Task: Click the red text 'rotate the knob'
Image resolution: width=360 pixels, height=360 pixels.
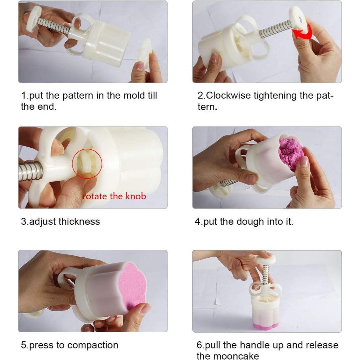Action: [x=114, y=196]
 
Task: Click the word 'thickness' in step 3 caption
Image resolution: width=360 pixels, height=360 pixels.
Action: [x=79, y=221]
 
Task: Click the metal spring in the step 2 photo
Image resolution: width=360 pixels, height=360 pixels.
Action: [x=276, y=29]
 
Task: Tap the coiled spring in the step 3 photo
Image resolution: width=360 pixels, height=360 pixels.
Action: [x=31, y=171]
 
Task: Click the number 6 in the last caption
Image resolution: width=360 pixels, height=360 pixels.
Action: [x=199, y=345]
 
